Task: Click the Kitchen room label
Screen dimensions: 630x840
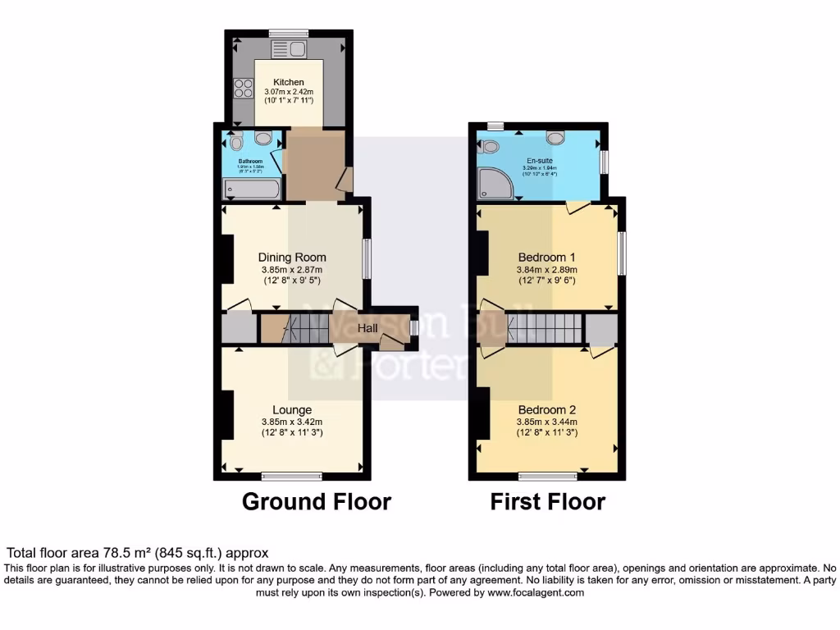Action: click(289, 82)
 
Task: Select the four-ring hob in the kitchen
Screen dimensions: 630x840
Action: click(243, 87)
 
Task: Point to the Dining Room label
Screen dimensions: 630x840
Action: click(292, 257)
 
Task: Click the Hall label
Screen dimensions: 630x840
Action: click(367, 328)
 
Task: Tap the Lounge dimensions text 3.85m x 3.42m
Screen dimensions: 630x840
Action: click(292, 422)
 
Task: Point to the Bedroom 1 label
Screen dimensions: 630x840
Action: click(547, 257)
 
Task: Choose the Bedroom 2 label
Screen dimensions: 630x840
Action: click(547, 409)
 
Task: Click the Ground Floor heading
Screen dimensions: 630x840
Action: click(316, 501)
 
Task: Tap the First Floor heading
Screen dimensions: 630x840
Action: click(547, 501)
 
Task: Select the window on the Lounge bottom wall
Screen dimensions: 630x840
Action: click(291, 475)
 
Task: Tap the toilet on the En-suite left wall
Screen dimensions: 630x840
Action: click(490, 146)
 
